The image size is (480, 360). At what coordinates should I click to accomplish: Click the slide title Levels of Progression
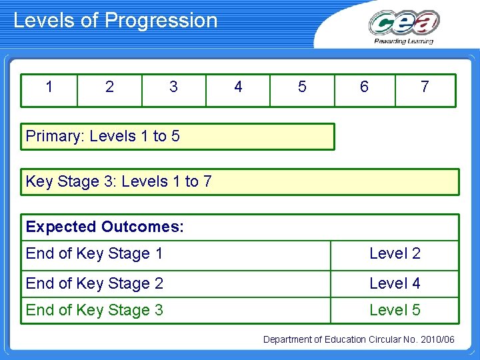115,21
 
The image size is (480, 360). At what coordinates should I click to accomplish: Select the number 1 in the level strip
49,87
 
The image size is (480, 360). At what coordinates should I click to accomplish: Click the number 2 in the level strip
109,87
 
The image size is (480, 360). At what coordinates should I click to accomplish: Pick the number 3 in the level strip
173,87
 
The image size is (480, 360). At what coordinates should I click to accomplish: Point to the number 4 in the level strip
238,87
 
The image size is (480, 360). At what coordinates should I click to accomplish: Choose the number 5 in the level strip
302,87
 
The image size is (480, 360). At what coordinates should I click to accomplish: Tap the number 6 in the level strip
364,87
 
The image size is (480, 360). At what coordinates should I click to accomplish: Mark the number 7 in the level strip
425,87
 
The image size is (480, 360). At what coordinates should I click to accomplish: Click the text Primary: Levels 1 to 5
103,137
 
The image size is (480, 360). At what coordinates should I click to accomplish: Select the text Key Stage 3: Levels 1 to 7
119,181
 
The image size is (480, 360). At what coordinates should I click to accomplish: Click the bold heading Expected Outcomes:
105,227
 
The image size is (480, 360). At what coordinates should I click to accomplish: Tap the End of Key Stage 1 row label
94,253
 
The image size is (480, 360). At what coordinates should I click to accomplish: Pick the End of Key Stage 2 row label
94,283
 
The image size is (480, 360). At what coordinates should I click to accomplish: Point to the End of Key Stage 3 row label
94,310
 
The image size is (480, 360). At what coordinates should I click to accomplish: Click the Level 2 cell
395,253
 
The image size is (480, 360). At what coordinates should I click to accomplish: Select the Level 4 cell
395,283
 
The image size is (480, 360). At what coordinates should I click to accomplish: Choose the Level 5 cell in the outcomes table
395,310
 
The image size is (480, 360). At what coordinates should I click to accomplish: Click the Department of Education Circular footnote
359,340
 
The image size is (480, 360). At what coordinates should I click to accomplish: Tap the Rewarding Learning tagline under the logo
404,41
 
